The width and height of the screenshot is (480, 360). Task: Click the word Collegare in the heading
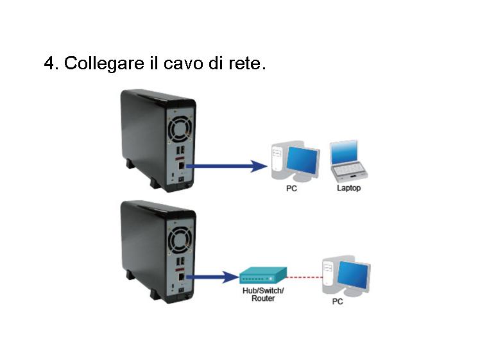104,64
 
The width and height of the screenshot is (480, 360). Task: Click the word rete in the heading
245,64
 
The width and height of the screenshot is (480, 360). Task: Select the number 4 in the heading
49,63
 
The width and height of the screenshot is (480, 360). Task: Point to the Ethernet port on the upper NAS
181,166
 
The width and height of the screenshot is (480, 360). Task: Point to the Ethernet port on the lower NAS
181,277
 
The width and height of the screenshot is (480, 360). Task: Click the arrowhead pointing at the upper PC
259,166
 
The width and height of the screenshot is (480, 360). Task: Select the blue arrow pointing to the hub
212,277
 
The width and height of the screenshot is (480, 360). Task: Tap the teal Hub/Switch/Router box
263,275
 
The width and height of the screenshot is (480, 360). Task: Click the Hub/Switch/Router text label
263,294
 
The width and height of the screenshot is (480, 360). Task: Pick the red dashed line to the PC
305,277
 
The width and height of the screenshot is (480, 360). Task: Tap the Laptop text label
348,188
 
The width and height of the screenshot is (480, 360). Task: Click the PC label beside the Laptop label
291,188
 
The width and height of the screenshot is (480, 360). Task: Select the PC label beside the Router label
338,302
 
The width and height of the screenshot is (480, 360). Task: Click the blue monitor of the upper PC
303,160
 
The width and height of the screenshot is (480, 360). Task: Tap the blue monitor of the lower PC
354,275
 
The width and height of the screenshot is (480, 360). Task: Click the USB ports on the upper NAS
181,150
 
